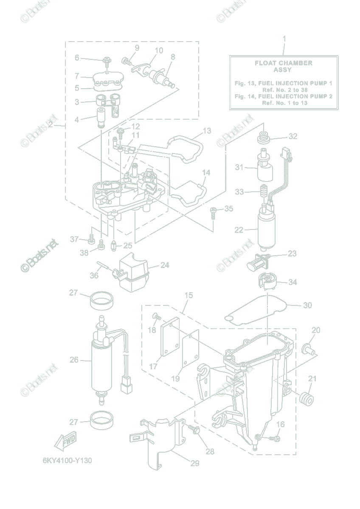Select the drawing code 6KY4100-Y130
67,461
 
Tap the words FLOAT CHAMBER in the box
283,63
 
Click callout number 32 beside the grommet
292,137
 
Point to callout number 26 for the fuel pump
74,360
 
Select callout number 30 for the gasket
307,305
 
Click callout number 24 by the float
165,266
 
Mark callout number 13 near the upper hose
207,131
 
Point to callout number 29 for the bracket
195,464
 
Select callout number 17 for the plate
153,366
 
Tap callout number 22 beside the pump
239,230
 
